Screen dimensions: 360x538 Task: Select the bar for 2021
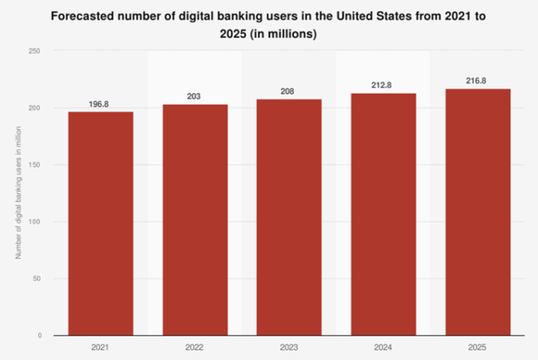[x=100, y=223]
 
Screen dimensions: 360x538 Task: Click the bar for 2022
[x=195, y=219]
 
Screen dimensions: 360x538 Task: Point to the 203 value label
[x=195, y=97]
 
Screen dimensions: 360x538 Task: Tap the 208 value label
[x=289, y=92]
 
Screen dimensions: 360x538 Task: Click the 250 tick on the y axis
[x=34, y=51]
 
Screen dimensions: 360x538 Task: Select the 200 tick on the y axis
[x=34, y=108]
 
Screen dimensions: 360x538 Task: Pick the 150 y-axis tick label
[x=34, y=165]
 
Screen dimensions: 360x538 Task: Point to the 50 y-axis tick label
[x=36, y=278]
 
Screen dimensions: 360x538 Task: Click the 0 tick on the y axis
[x=39, y=335]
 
